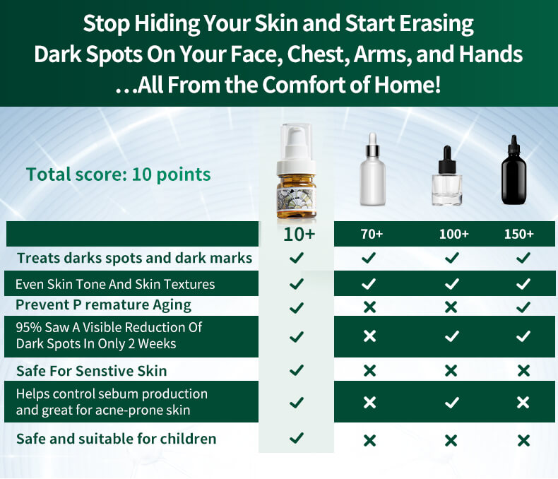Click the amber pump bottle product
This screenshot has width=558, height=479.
(297, 171)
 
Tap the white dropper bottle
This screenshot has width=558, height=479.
(373, 170)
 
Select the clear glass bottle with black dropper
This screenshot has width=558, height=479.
(447, 175)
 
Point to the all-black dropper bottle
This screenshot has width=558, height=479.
(514, 170)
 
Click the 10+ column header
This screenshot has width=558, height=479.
(299, 234)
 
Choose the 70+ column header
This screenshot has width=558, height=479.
(372, 234)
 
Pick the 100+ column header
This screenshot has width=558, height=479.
(453, 234)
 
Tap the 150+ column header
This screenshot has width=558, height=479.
(519, 234)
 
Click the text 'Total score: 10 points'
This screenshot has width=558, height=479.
(119, 175)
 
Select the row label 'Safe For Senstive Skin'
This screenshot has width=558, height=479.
(91, 371)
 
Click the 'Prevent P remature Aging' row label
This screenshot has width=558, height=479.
(103, 305)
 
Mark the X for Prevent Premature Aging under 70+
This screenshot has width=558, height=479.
(369, 307)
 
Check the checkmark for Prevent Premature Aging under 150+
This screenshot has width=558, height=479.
(523, 307)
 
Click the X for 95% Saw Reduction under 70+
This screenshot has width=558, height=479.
(369, 336)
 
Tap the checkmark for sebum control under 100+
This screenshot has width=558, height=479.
(451, 403)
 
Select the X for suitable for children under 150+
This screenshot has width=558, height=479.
(523, 441)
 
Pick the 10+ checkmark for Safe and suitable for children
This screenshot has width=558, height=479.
(297, 438)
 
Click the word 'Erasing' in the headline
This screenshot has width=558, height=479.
(437, 23)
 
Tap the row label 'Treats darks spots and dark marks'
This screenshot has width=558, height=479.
(134, 258)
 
